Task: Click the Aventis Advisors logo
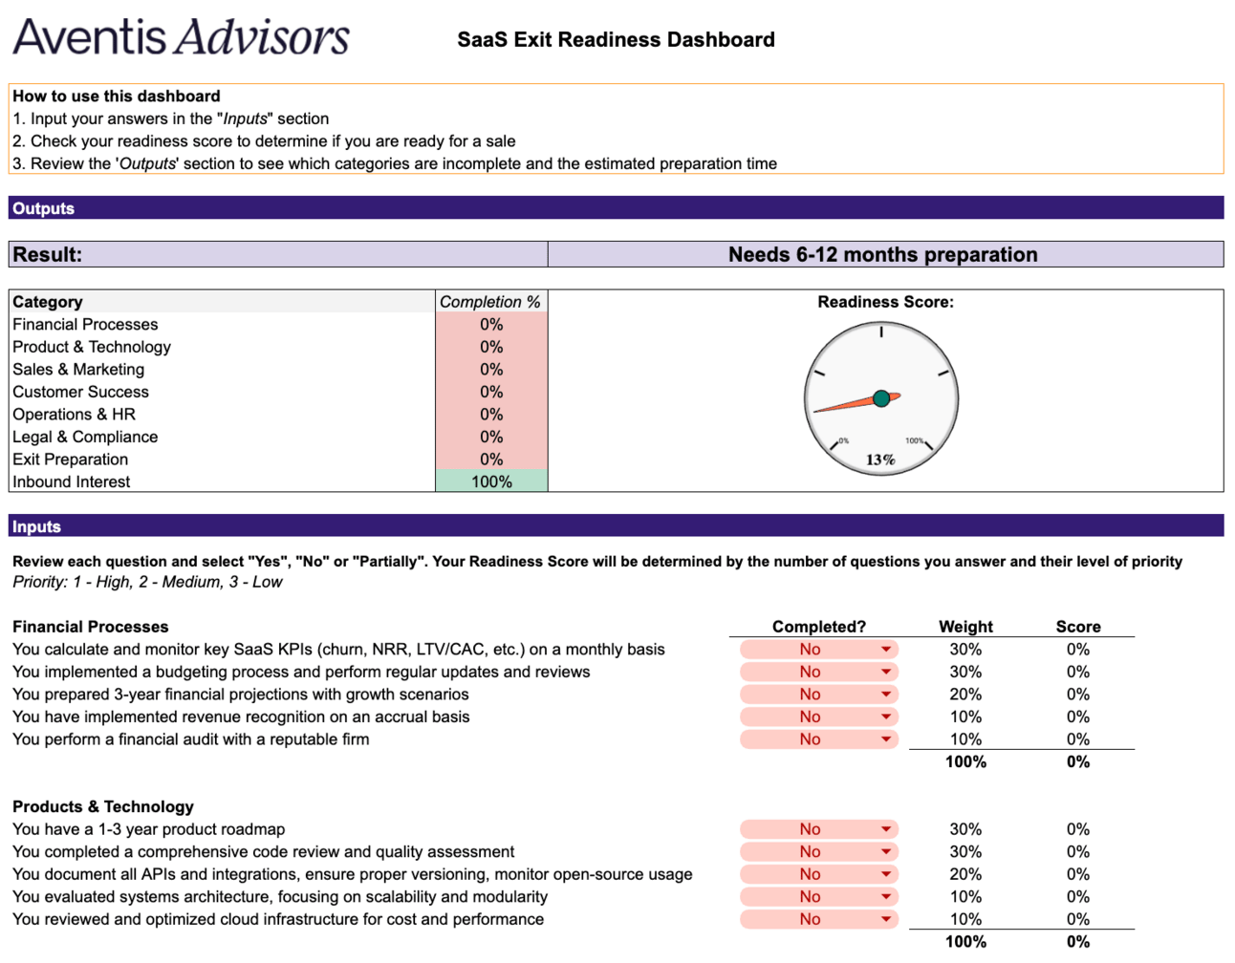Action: click(x=182, y=37)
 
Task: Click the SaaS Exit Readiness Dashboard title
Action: click(x=616, y=40)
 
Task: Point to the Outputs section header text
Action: click(x=43, y=208)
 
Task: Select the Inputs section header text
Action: click(x=36, y=526)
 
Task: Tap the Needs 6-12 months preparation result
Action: click(x=882, y=254)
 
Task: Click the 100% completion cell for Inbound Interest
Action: click(x=491, y=481)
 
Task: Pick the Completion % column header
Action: click(x=489, y=302)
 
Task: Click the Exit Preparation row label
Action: click(x=70, y=460)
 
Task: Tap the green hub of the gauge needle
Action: click(x=881, y=398)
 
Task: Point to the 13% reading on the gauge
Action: click(x=880, y=460)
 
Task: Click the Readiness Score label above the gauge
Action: click(x=885, y=302)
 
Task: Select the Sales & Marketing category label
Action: click(x=78, y=370)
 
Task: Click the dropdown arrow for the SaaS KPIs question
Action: click(x=886, y=650)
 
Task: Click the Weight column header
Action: click(x=965, y=627)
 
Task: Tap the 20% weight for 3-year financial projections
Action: click(x=965, y=695)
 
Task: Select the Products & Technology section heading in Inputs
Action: click(x=103, y=806)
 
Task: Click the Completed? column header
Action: click(x=818, y=627)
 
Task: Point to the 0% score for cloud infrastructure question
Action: click(x=1078, y=919)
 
